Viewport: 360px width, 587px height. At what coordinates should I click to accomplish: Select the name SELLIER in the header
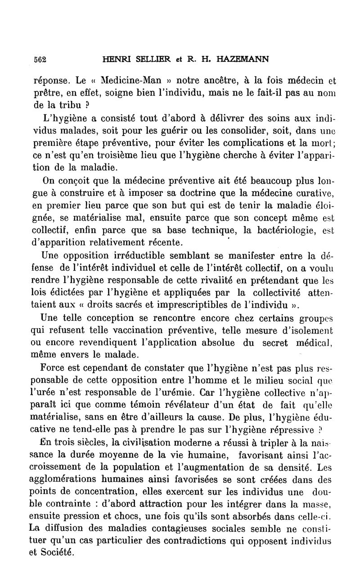tap(146, 59)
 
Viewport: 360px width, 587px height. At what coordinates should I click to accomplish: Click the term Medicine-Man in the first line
tap(117, 81)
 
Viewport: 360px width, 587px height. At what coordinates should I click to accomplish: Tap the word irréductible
tap(146, 257)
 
